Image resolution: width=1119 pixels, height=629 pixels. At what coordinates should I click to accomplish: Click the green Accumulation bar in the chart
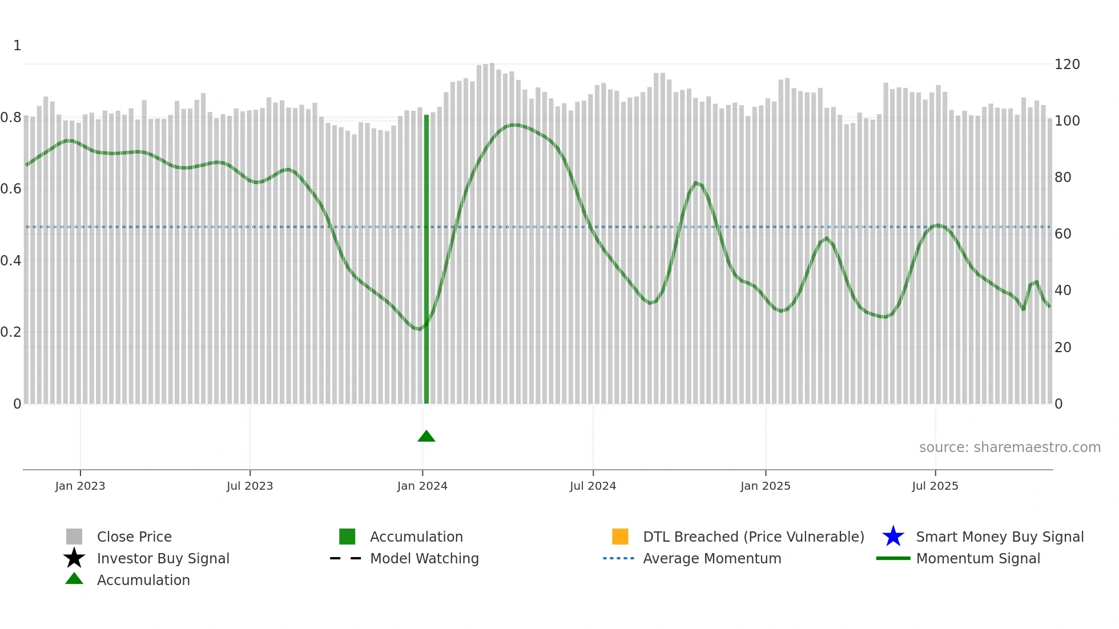(426, 260)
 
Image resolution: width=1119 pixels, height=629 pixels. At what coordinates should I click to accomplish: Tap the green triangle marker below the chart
(426, 437)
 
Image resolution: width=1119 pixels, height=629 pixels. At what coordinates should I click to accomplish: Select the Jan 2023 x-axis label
(80, 486)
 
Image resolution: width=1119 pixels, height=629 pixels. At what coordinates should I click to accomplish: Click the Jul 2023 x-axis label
(250, 486)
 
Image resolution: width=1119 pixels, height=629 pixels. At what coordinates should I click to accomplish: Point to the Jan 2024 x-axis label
(422, 486)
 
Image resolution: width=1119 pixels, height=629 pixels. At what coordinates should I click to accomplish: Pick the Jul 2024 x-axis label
(593, 486)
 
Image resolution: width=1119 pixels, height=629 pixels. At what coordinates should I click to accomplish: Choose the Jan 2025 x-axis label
(766, 486)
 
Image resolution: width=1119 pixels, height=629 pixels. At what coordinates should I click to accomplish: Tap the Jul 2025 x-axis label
(935, 486)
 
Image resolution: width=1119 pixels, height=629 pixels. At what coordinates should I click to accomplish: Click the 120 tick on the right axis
(1067, 64)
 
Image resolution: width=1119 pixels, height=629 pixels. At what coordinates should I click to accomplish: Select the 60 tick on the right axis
(1063, 234)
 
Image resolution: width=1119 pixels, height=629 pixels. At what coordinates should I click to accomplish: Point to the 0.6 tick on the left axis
(11, 189)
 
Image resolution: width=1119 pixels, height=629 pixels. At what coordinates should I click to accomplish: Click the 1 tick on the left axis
(17, 46)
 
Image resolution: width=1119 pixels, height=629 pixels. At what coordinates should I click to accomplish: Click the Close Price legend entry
(134, 537)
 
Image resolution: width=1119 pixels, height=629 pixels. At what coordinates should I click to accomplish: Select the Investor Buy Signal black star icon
(74, 558)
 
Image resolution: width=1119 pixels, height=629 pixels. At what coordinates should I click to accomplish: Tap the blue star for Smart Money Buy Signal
(893, 537)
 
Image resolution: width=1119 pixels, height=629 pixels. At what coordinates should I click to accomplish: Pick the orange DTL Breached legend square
(620, 537)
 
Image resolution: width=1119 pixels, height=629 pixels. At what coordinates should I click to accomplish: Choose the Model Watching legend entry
(424, 559)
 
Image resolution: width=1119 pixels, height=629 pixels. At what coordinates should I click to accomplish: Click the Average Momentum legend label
(712, 559)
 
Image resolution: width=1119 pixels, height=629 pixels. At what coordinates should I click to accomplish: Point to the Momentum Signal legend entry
(978, 559)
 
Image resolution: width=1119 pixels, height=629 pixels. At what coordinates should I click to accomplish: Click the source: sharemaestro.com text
(1009, 447)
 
